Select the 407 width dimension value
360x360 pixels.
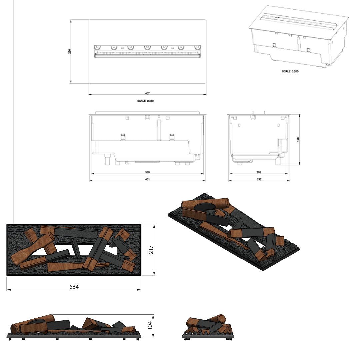147,94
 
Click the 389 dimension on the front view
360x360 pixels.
147,172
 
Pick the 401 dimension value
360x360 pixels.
147,179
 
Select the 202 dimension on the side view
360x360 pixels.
259,172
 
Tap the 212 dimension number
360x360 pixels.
259,179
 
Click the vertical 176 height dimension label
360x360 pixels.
298,139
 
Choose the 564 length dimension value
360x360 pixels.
74,287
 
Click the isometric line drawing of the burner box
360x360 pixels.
298,37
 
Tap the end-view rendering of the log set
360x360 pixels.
208,327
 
